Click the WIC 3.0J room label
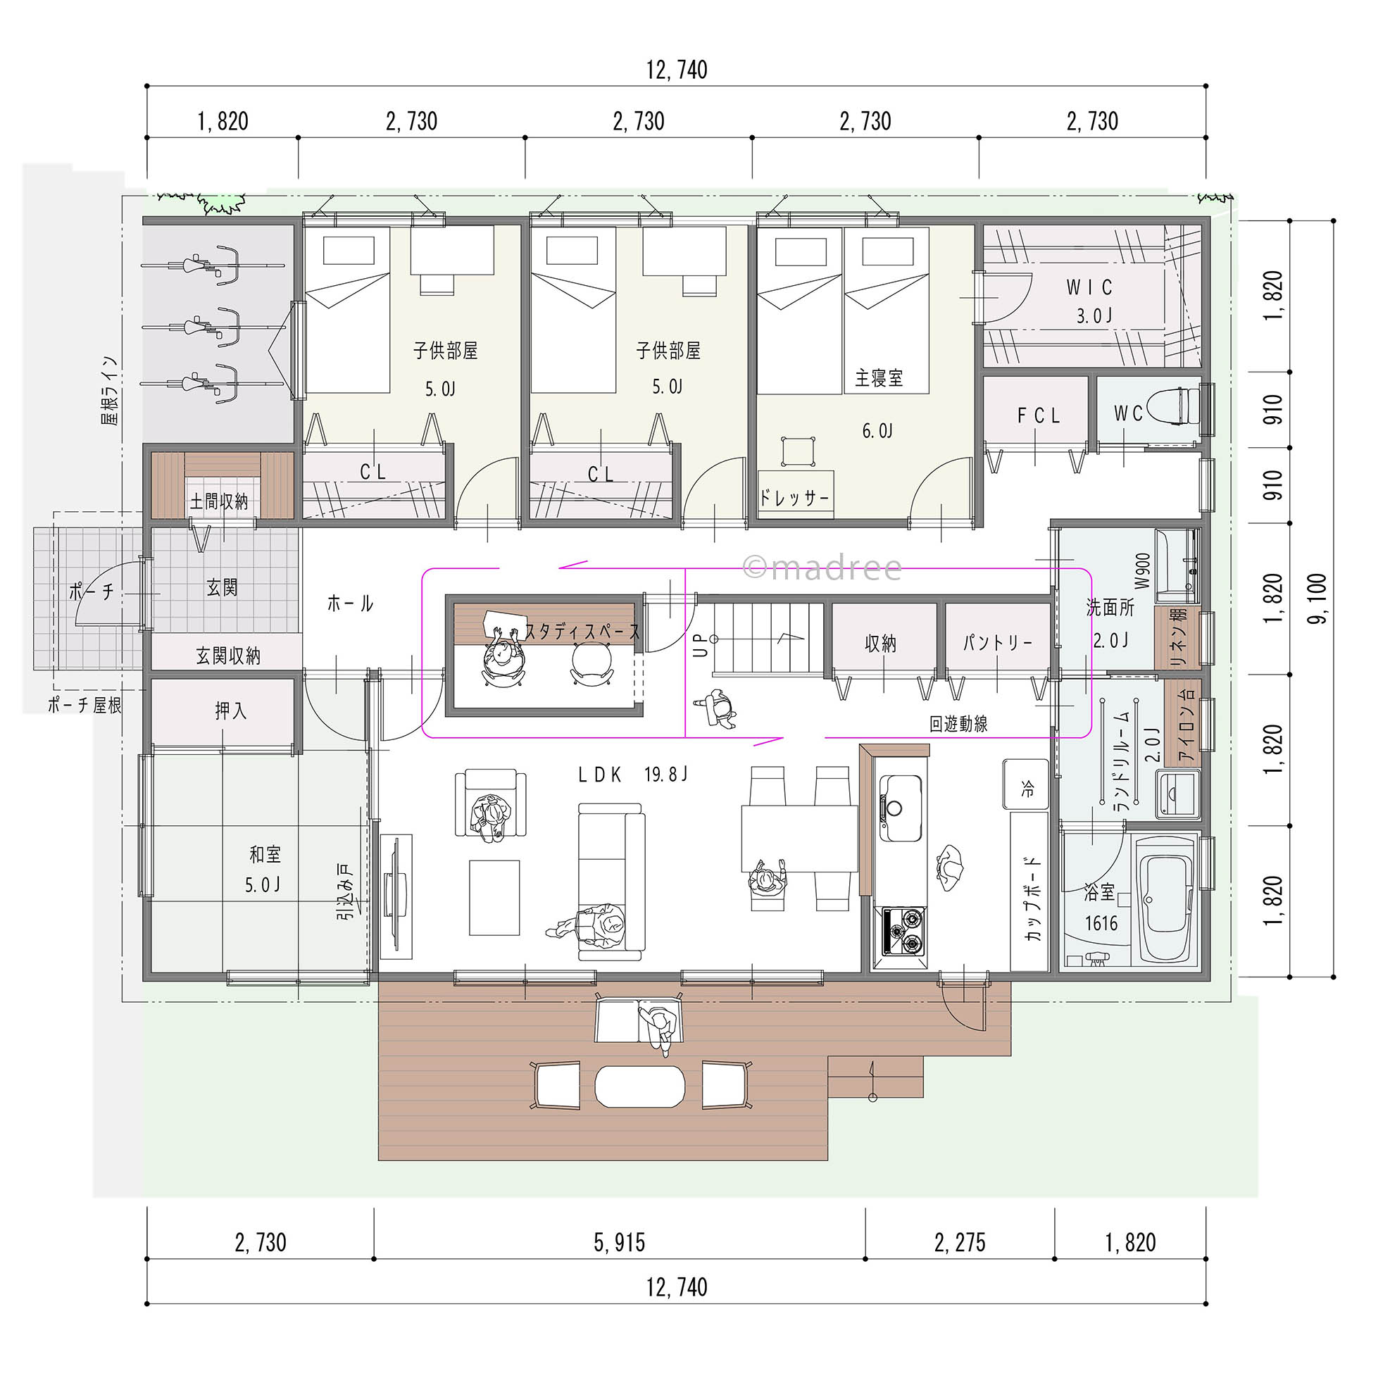(x=1090, y=301)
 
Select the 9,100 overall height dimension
(x=1320, y=598)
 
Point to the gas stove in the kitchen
(x=902, y=930)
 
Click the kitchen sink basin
(x=900, y=806)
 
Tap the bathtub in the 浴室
(x=1164, y=907)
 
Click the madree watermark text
(x=821, y=568)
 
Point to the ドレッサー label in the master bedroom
(x=794, y=497)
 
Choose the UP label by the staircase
(x=700, y=644)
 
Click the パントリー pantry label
(x=997, y=642)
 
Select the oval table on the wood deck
(x=640, y=1086)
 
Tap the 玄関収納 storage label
(x=228, y=656)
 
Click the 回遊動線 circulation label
(x=958, y=724)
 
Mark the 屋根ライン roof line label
(x=110, y=391)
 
